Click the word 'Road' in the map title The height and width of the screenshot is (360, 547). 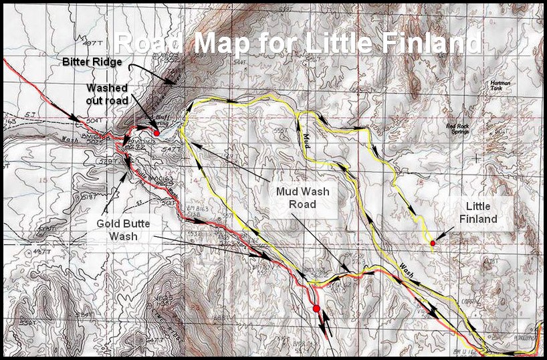coord(147,43)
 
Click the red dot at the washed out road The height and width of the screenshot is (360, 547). coord(156,133)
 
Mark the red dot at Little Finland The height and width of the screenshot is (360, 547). coord(433,243)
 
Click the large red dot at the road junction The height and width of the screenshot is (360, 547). coord(316,308)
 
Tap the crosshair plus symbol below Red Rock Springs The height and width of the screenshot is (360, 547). coord(475,158)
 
